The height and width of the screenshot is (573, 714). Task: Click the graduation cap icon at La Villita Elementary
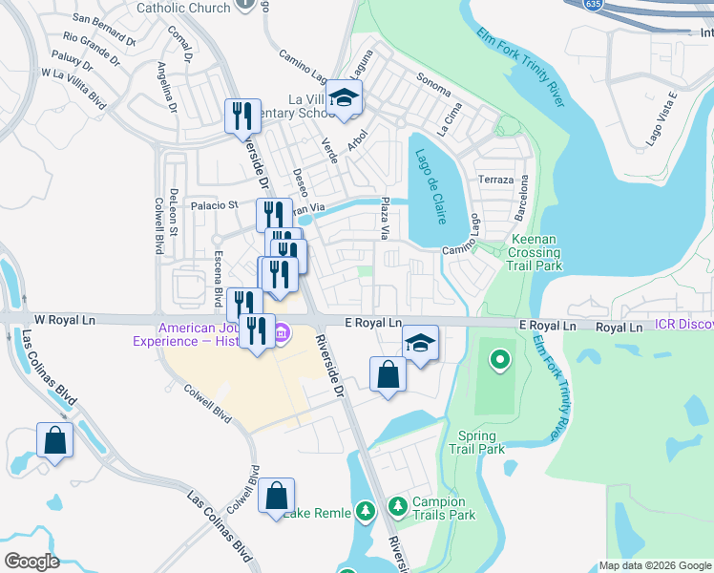[344, 97]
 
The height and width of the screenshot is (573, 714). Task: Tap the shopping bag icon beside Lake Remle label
[276, 495]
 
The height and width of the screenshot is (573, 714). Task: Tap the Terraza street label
[496, 180]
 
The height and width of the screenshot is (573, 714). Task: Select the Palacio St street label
[214, 204]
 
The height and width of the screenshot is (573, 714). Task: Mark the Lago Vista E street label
[661, 117]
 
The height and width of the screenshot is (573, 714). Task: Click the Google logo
[32, 562]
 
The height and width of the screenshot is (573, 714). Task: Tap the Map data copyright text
[654, 565]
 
